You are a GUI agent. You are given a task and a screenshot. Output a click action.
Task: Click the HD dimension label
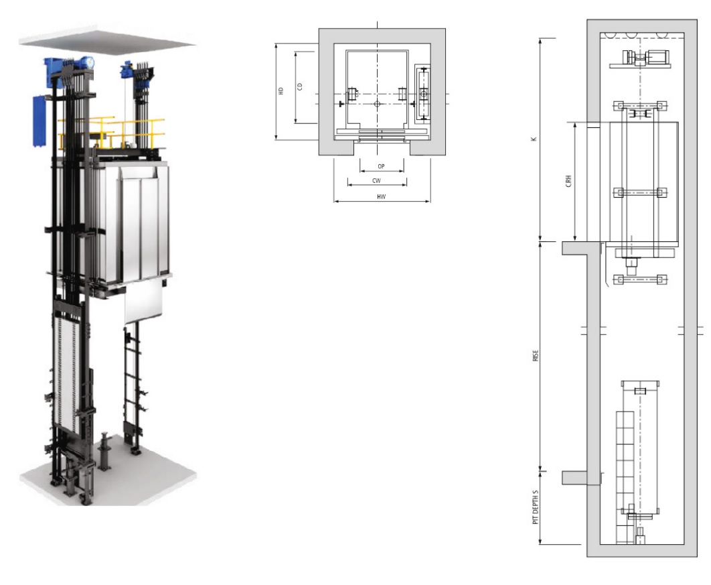[x=281, y=90]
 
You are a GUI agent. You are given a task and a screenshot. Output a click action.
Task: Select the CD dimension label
[x=299, y=86]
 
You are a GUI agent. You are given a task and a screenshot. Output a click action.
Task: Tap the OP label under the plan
[x=381, y=167]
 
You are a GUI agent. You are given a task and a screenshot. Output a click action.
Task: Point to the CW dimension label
[x=376, y=181]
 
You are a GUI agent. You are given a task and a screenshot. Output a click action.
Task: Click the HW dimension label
[x=381, y=196]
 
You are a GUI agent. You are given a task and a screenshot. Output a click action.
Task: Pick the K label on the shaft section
[x=534, y=139]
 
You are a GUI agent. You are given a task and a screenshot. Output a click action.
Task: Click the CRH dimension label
[x=568, y=181]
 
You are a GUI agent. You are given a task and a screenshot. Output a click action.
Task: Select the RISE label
[x=536, y=355]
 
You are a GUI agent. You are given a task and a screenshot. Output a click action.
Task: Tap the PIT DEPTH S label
[x=536, y=507]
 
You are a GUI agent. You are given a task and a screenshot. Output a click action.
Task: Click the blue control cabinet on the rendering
[x=40, y=121]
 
